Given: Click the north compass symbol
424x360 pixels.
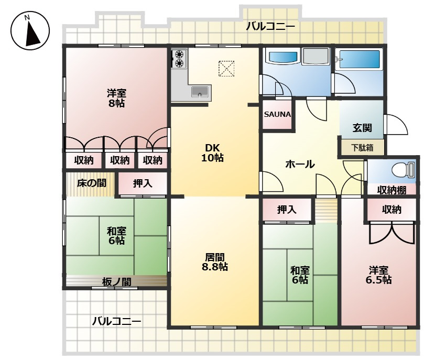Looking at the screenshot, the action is point(30,30).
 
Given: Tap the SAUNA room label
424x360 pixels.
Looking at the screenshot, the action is point(277,114).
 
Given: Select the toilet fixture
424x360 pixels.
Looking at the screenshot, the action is point(404,170).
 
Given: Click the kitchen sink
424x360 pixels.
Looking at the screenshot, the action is point(200,92).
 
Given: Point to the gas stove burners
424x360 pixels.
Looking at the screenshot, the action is point(179,59).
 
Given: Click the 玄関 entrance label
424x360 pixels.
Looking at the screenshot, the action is point(362,127).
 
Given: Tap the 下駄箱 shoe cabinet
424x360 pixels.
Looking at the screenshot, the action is point(362,148).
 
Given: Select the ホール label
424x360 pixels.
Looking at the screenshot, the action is point(300,164).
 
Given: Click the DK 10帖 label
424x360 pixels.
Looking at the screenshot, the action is point(212,152).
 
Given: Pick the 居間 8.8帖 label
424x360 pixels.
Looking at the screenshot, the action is point(215,261).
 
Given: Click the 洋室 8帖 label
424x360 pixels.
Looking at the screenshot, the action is point(116,98).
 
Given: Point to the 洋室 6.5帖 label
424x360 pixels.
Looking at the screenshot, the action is point(378,275).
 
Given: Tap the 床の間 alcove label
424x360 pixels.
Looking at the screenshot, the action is point(91,183).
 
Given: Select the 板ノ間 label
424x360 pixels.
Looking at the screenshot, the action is point(116,282).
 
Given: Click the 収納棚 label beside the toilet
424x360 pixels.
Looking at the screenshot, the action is point(392,190).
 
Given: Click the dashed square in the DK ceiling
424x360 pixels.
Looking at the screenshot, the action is point(226,69).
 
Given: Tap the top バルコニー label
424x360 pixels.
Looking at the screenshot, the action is point(270,27).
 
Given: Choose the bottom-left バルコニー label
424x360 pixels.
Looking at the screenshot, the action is point(116,321).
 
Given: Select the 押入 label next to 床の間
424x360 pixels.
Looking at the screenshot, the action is point(143,183).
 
